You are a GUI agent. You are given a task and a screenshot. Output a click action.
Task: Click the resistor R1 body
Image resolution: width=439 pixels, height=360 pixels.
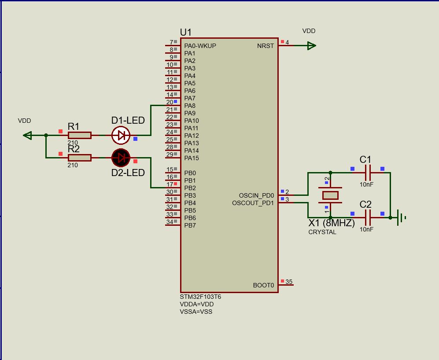point(80,136)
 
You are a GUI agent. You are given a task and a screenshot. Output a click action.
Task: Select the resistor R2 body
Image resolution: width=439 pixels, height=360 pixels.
point(80,158)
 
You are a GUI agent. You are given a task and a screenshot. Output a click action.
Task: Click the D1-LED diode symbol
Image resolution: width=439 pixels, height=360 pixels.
point(121,136)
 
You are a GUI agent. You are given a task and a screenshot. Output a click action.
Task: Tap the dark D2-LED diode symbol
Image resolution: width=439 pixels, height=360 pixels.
point(121,158)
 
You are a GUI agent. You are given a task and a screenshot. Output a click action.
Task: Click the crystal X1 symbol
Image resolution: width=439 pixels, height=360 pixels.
point(330,195)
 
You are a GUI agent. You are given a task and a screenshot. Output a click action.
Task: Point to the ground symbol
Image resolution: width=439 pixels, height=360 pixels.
point(401,217)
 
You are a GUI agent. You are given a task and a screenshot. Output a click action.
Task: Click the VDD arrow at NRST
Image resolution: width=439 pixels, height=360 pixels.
point(311,46)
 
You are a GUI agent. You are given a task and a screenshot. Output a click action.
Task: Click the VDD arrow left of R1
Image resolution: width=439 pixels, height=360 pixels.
point(27,136)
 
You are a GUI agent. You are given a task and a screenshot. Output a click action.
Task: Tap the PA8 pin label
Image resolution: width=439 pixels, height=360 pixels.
point(190,106)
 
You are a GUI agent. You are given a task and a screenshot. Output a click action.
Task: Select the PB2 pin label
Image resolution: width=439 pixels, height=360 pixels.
point(190,188)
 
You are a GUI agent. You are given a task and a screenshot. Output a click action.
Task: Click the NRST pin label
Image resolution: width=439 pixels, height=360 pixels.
point(265,46)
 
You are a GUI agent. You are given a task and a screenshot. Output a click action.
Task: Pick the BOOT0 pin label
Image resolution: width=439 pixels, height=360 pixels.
point(263,285)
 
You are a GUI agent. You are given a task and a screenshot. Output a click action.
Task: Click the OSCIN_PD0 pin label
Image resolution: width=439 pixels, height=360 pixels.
point(256,195)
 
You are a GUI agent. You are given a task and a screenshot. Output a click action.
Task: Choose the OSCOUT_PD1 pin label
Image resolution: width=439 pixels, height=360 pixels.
point(253,203)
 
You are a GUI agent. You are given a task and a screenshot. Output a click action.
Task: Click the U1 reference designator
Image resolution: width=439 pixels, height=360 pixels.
point(186,32)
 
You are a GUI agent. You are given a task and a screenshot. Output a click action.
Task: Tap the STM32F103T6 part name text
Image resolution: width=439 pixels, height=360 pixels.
point(200,297)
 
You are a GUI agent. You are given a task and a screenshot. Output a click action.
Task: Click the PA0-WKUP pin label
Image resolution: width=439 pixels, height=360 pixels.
point(200,46)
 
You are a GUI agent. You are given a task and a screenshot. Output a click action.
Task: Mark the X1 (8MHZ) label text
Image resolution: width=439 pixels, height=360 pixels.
point(331,223)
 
